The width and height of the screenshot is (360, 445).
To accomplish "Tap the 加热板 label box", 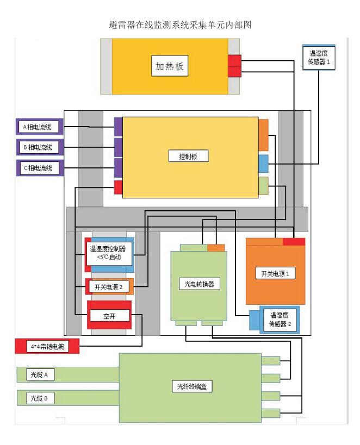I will click(169, 67).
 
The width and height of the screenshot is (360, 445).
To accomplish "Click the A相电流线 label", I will click(38, 128).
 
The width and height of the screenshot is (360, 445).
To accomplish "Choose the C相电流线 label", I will click(38, 168).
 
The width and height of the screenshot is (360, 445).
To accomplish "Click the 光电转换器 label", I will click(197, 283).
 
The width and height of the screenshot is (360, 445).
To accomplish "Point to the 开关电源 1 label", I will click(275, 273).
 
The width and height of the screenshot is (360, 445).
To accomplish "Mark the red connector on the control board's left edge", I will click(117, 187).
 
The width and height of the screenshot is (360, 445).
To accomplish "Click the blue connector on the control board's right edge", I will click(263, 162).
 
